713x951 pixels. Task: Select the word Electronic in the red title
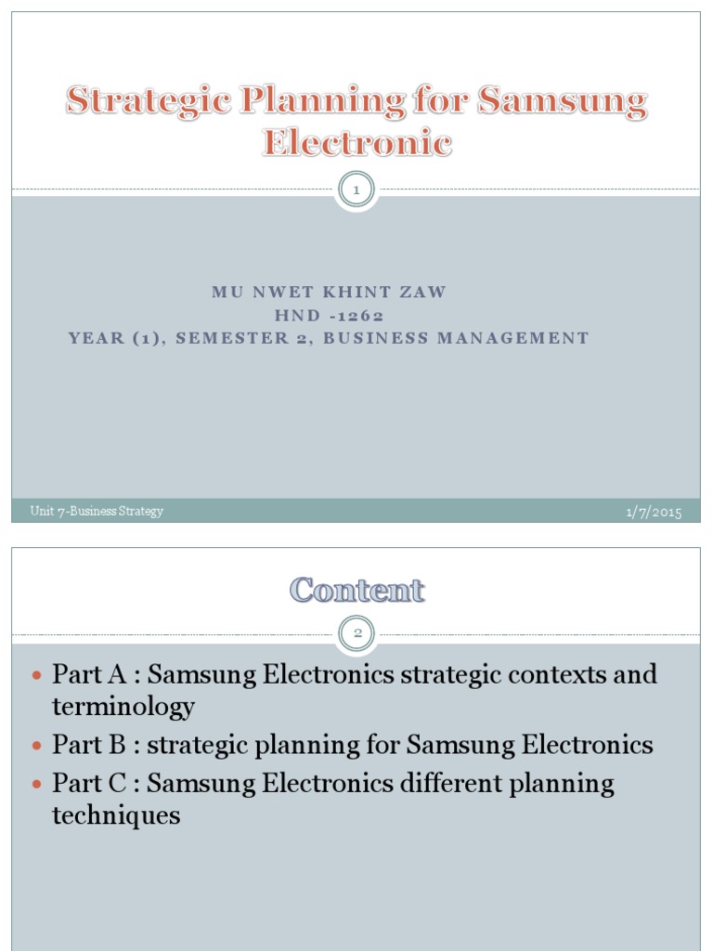357,144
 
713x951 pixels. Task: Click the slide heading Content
357,591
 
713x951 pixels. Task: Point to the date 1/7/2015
654,513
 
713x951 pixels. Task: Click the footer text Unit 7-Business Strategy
97,512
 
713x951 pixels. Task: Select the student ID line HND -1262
330,315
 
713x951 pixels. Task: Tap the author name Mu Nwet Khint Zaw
330,292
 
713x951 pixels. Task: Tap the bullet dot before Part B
37,746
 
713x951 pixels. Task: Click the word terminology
123,708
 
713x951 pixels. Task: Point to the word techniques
116,816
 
